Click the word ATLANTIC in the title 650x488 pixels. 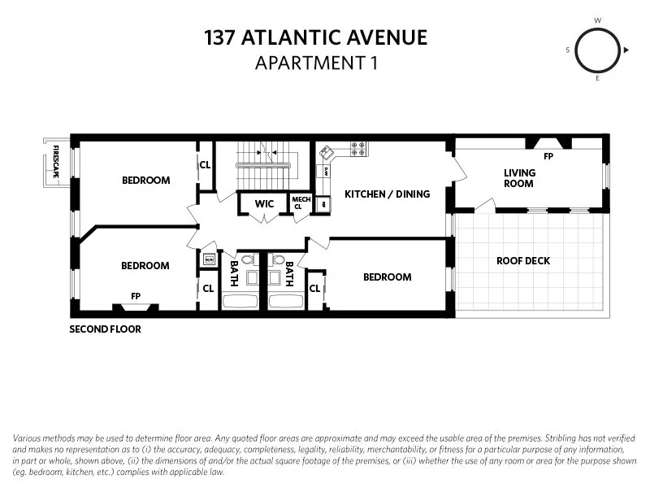point(318,37)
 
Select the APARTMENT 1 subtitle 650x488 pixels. point(316,62)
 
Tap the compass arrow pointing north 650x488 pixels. point(626,50)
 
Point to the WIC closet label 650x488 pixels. point(264,203)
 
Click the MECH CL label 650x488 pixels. point(301,203)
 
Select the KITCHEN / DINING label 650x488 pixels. point(387,194)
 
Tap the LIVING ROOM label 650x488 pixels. point(519,177)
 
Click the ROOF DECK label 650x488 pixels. point(523,261)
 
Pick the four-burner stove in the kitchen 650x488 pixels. point(358,149)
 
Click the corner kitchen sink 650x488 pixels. point(327,152)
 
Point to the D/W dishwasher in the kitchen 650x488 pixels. point(325,172)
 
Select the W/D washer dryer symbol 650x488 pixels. point(208,260)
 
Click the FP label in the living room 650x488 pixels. point(548,156)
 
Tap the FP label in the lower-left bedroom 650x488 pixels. point(136,297)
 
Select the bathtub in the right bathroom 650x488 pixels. point(285,301)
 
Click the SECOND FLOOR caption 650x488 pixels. point(105,329)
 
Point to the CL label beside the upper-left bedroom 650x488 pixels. point(205,164)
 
